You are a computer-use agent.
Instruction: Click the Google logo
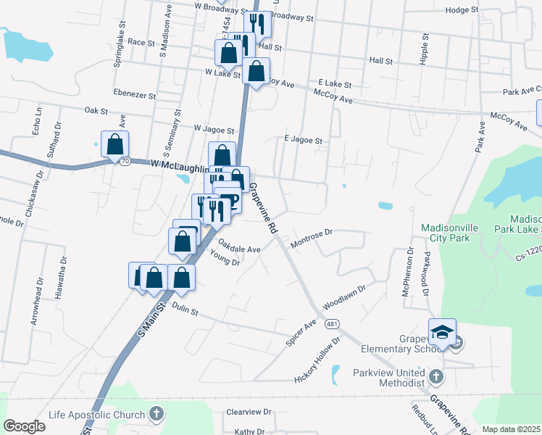coord(25,426)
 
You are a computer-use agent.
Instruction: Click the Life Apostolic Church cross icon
coord(156,415)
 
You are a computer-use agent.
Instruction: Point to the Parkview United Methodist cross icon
coord(435,376)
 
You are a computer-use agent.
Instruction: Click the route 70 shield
coord(125,161)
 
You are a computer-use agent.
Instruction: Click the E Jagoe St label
coord(303,140)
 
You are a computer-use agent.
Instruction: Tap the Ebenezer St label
coord(135,94)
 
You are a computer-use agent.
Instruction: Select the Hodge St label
coord(463,10)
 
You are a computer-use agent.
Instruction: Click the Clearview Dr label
coord(249,411)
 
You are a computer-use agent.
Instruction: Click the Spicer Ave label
coord(301,332)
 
